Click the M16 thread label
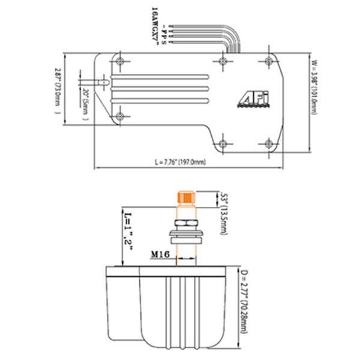click(x=160, y=255)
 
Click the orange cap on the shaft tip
click(x=185, y=199)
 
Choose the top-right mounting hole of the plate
click(x=268, y=61)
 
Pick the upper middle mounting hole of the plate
click(x=224, y=61)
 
